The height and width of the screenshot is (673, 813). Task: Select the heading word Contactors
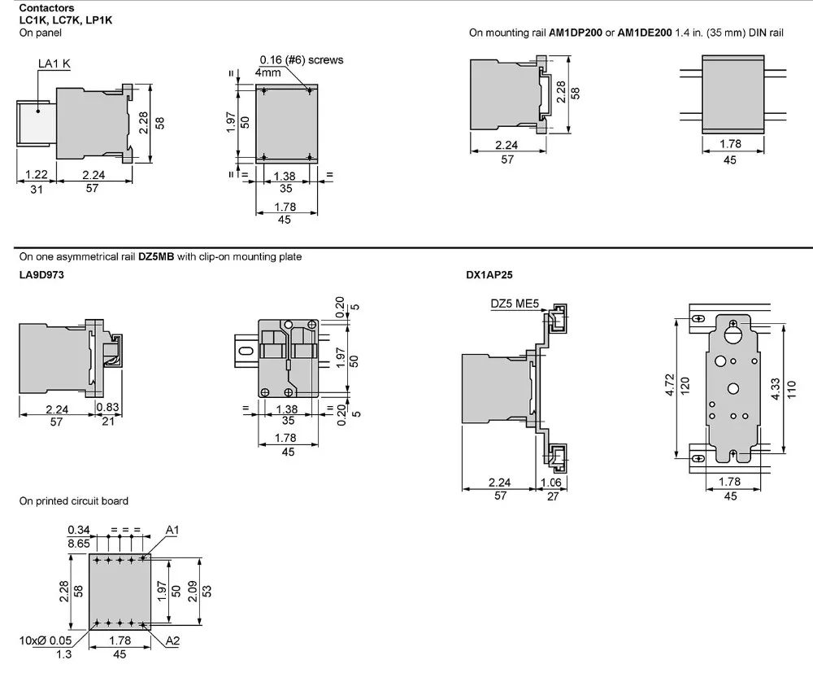click(x=46, y=8)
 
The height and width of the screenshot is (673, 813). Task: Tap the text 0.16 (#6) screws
click(x=302, y=59)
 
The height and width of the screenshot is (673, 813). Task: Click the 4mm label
click(x=267, y=72)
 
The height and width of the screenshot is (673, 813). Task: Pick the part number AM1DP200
click(x=580, y=33)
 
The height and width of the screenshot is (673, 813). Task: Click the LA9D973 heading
click(x=41, y=275)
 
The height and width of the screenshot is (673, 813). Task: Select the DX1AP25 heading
click(x=489, y=275)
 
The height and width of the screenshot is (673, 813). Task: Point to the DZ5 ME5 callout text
click(x=515, y=304)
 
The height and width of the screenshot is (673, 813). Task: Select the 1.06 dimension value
click(x=552, y=483)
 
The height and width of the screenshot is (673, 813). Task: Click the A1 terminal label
click(x=172, y=530)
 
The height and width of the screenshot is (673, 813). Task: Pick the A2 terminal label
click(x=172, y=641)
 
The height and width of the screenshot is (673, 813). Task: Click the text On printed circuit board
click(x=74, y=500)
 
